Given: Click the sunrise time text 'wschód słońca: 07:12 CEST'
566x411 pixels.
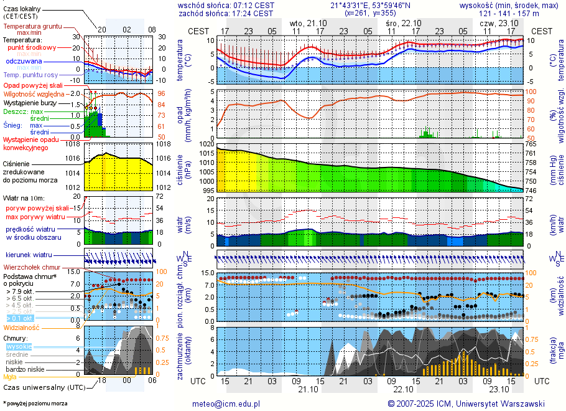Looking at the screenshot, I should point(226,5).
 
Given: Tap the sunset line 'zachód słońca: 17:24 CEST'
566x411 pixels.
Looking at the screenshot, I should point(226,13).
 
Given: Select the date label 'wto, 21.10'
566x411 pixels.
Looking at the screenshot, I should point(309,23).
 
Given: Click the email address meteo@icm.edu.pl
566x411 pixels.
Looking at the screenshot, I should point(226,404).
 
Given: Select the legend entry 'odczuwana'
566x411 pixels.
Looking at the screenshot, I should point(24,62).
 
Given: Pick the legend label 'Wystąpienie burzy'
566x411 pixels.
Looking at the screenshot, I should point(29,102).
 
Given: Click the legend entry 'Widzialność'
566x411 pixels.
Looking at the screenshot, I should point(22,327).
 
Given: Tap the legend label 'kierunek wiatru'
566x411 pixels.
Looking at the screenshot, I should point(29,255).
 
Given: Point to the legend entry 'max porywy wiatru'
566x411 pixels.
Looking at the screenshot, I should point(35,216).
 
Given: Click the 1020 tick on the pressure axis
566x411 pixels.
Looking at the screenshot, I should point(207,144).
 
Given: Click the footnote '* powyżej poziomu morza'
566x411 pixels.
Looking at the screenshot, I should point(35,404).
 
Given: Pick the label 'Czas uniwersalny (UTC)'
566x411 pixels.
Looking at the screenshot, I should point(44,387).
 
